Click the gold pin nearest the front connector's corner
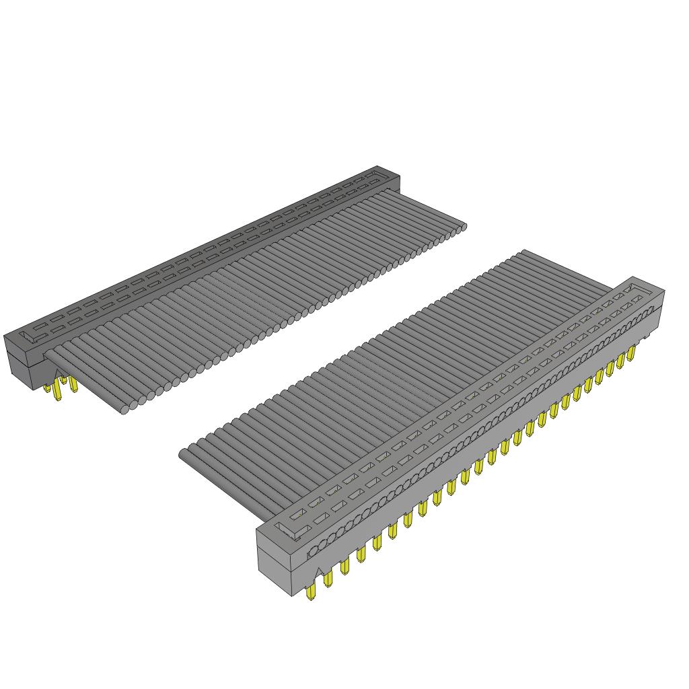pyautogui.click(x=311, y=593)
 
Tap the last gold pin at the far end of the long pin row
pyautogui.click(x=631, y=354)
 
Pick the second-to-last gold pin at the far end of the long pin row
pyautogui.click(x=620, y=361)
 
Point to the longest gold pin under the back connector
pyautogui.click(x=59, y=393)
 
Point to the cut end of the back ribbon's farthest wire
pyautogui.click(x=462, y=227)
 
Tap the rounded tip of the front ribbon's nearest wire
pyautogui.click(x=183, y=456)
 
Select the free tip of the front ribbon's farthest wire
pyautogui.click(x=522, y=254)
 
